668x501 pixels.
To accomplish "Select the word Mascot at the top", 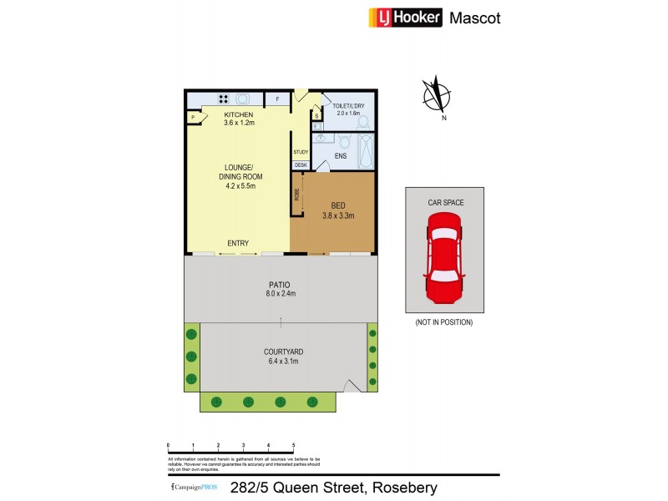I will pyautogui.click(x=475, y=18).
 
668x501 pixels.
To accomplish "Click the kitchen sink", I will pyautogui.click(x=241, y=99).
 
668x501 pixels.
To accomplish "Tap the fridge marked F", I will pyautogui.click(x=277, y=99).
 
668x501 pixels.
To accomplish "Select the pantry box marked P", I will pyautogui.click(x=193, y=118).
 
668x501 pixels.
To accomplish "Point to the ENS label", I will pyautogui.click(x=341, y=156).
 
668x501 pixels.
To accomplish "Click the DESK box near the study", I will pyautogui.click(x=301, y=165).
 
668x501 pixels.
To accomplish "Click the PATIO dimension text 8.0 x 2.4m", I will pyautogui.click(x=281, y=294).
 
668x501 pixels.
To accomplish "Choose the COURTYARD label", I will pyautogui.click(x=281, y=352).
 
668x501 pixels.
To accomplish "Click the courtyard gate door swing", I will pyautogui.click(x=353, y=385).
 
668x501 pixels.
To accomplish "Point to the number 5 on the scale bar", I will pyautogui.click(x=293, y=445).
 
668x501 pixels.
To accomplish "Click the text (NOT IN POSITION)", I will pyautogui.click(x=443, y=322).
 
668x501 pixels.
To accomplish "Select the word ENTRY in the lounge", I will pyautogui.click(x=238, y=243).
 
